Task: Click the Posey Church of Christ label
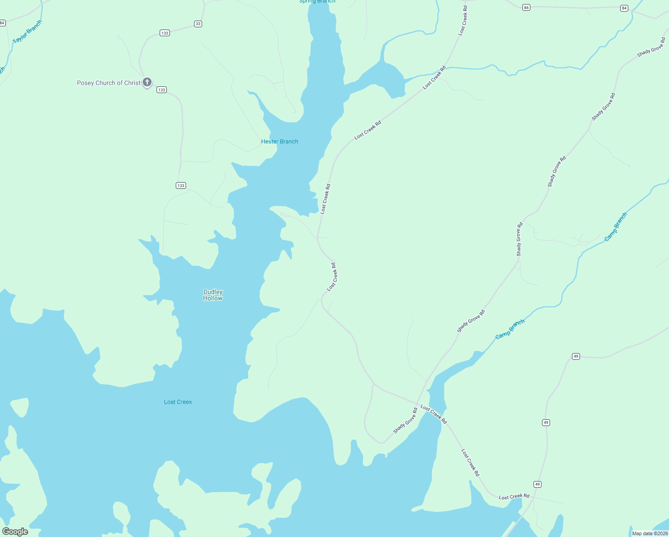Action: pyautogui.click(x=109, y=83)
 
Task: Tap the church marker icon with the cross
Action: pyautogui.click(x=147, y=82)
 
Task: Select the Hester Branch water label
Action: pyautogui.click(x=279, y=141)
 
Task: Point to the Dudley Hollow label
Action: pyautogui.click(x=213, y=295)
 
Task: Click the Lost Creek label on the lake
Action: pyautogui.click(x=178, y=402)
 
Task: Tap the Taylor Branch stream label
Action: pyautogui.click(x=27, y=32)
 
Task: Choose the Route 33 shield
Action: pyautogui.click(x=198, y=24)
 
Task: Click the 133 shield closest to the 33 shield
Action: pyautogui.click(x=165, y=33)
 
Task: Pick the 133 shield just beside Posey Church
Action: pyautogui.click(x=161, y=90)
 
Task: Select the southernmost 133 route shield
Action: pyautogui.click(x=181, y=185)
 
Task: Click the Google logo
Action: pyautogui.click(x=15, y=532)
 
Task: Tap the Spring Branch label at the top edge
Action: pyautogui.click(x=317, y=1)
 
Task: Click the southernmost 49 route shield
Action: pyautogui.click(x=537, y=484)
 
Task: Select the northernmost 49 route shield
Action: pyautogui.click(x=576, y=356)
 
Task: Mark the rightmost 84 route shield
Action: pyautogui.click(x=624, y=8)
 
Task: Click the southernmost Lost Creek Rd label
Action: pyautogui.click(x=514, y=496)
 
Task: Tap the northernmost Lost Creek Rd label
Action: pyautogui.click(x=463, y=21)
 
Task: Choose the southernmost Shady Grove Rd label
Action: pyautogui.click(x=405, y=421)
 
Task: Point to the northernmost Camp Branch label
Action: pyautogui.click(x=616, y=227)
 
